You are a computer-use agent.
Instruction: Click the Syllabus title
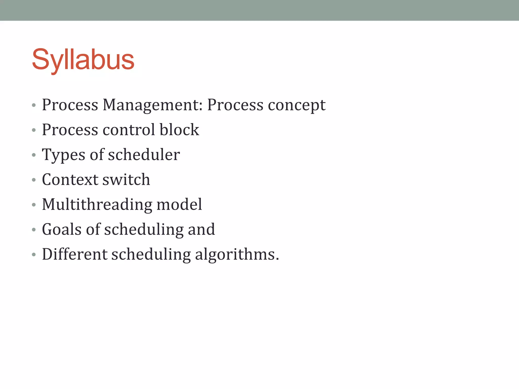83,60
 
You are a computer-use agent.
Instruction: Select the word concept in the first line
296,105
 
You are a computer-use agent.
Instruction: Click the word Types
63,155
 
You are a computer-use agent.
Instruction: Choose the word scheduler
144,154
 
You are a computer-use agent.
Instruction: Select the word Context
70,180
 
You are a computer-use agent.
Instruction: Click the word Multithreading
97,204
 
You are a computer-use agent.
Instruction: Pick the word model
179,204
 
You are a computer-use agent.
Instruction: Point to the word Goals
62,229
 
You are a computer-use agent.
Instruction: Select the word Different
75,254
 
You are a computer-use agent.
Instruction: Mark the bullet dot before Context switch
34,180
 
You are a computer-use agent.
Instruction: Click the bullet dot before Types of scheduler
34,155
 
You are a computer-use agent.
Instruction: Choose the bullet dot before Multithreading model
34,205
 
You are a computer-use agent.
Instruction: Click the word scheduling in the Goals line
144,229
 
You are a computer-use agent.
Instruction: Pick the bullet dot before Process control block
34,130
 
